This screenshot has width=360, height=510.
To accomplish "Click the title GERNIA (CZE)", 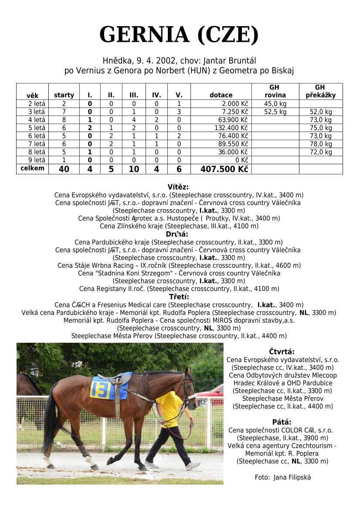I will tap(179, 35).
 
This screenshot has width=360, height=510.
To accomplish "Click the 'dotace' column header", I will tap(221, 95).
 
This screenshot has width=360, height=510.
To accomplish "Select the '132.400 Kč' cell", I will tap(231, 128).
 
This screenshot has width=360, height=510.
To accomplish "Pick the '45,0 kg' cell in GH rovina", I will tap(275, 104).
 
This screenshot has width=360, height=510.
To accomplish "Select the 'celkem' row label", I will tap(32, 169).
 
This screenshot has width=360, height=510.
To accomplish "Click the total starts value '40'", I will tap(64, 169).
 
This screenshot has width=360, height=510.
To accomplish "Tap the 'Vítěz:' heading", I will tap(178, 187).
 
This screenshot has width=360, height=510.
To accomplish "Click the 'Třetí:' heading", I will tap(178, 297).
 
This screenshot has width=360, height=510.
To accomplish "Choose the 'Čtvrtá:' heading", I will tap(282, 351).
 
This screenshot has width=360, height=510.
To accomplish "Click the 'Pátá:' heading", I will tap(282, 422).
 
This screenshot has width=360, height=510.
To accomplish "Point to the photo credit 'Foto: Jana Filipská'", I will tap(283, 477).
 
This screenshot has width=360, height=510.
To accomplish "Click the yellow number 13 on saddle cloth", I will tap(101, 389).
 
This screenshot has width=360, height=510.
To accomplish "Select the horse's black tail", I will tap(50, 418).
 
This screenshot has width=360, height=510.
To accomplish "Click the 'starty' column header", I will tap(64, 95).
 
